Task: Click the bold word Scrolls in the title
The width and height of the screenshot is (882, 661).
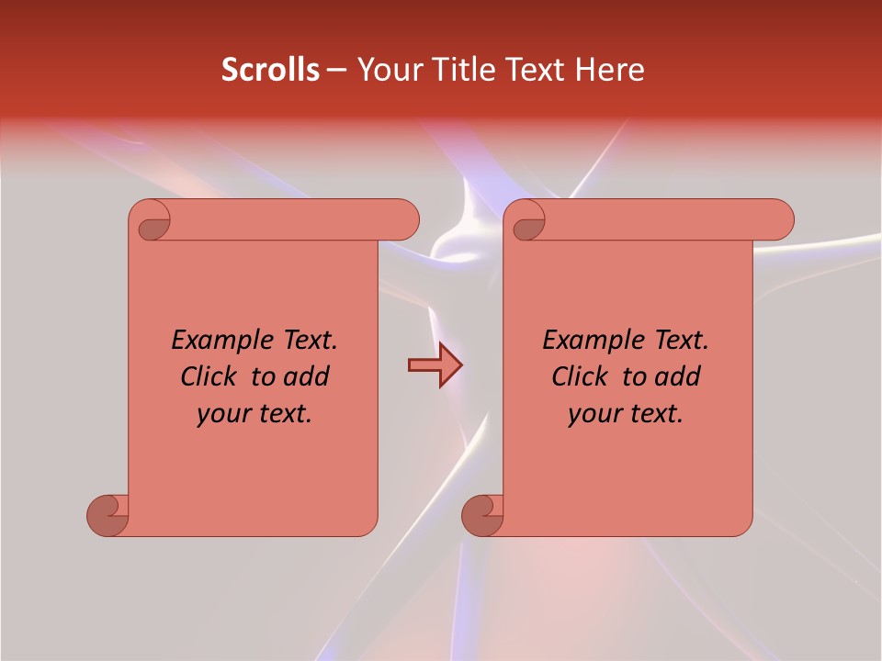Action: [271, 70]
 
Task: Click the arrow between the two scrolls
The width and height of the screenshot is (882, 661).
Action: [435, 365]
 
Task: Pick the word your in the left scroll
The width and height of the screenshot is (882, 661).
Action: [221, 414]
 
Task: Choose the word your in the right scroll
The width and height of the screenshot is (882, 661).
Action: [593, 414]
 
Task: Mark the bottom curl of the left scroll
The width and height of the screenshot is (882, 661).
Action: [107, 515]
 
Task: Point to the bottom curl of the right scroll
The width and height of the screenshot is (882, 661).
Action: [482, 515]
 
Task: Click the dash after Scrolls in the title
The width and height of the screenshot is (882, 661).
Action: [336, 70]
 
